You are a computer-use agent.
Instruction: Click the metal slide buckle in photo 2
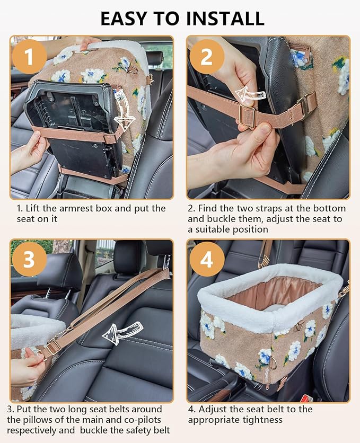coord(248,116)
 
